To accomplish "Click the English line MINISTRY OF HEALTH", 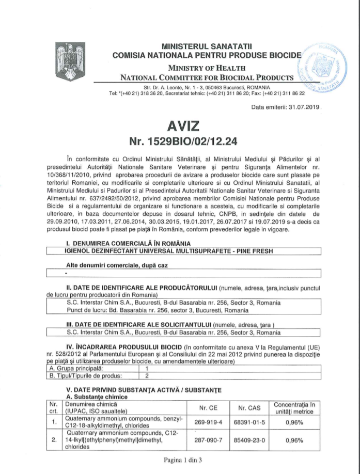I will [x=206, y=68].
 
